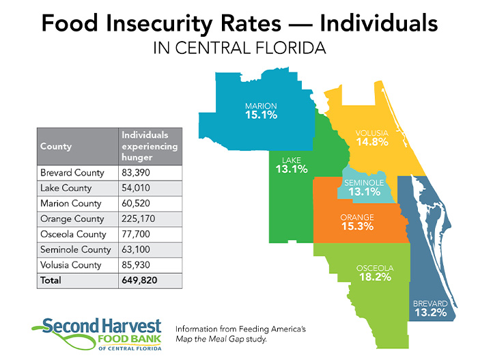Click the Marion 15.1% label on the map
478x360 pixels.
tap(262, 111)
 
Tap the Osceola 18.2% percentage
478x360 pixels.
tap(375, 277)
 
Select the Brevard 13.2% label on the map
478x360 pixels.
tap(430, 308)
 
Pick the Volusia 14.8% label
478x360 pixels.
tap(372, 138)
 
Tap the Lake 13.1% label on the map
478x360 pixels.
tap(292, 165)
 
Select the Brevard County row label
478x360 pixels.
tap(72, 173)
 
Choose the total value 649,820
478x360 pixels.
tap(139, 280)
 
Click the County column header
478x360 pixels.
tap(56, 146)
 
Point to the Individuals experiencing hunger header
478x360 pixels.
tap(150, 146)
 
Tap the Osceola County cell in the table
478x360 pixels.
tap(73, 234)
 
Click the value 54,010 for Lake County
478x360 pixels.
tap(136, 188)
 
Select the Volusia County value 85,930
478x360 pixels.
tap(136, 265)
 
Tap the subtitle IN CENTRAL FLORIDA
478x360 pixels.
tap(240, 48)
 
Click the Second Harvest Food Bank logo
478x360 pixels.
tap(98, 334)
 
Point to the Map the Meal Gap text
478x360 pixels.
tap(210, 339)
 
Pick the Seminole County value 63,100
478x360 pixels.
tap(136, 249)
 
